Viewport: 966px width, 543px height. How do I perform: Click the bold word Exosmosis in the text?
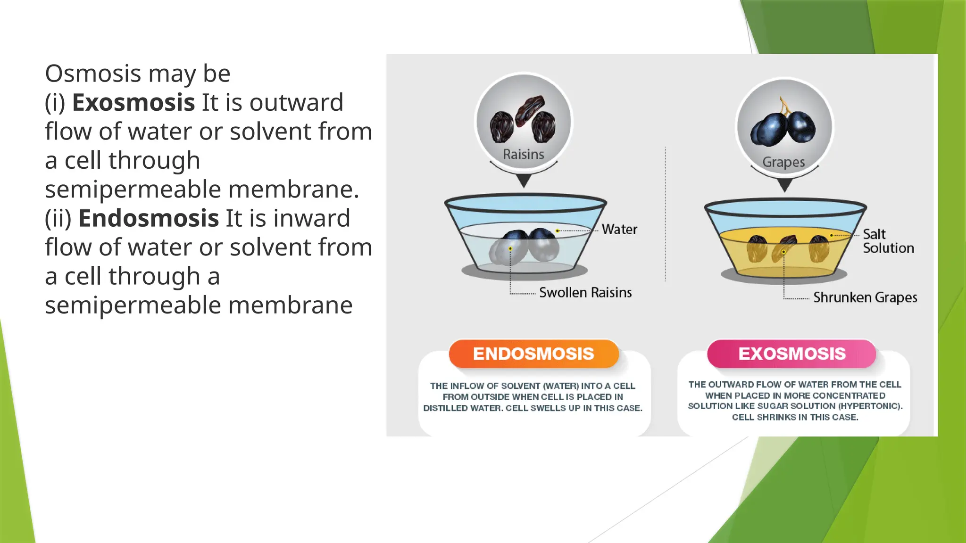pos(133,103)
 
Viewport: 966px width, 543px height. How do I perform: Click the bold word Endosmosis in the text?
pos(149,219)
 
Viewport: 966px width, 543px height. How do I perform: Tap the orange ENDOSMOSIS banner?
pos(533,354)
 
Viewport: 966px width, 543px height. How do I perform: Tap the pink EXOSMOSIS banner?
pos(791,354)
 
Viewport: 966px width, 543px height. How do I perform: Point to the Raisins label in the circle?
pos(523,154)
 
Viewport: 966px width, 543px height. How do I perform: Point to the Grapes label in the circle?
pos(783,162)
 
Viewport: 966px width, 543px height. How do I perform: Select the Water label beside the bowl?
pos(619,230)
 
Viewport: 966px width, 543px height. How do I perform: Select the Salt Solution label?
pos(888,241)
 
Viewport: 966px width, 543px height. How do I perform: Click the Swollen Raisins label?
pos(585,293)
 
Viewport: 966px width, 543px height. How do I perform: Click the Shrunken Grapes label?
pos(865,297)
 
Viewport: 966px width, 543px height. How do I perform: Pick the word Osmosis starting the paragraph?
pos(93,74)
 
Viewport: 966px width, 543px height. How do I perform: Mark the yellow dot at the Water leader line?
pos(558,231)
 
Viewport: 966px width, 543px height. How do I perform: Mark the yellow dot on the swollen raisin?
pos(510,248)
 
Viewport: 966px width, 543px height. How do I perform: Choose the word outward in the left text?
pos(296,103)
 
